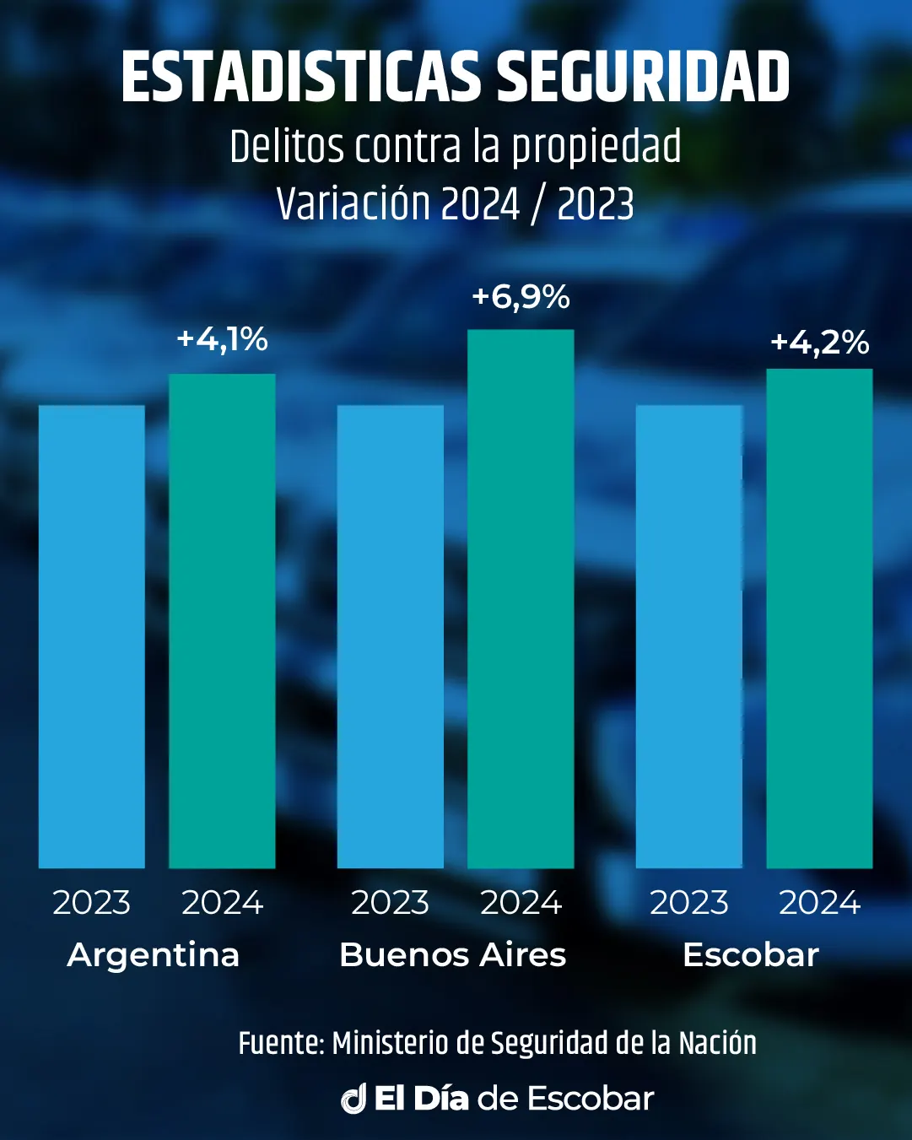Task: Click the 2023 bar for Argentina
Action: tap(91, 636)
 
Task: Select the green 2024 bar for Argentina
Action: tap(222, 620)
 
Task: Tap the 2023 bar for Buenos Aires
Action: tap(390, 636)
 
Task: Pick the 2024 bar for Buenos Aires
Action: tap(521, 598)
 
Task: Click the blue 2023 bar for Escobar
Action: tap(688, 636)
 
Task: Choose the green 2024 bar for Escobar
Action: tap(819, 618)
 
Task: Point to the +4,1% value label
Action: tap(222, 339)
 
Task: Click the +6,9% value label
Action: tap(521, 297)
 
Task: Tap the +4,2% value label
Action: tap(819, 343)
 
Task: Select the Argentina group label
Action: tap(154, 955)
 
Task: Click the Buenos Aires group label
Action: tap(452, 955)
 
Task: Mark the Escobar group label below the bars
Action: tap(751, 955)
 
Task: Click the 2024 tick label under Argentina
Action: tap(223, 903)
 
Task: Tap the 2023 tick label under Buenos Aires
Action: tap(390, 903)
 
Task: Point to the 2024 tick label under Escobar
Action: tap(819, 903)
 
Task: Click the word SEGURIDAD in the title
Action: tap(642, 78)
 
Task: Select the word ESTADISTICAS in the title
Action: tap(300, 78)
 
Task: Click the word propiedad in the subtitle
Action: tap(596, 148)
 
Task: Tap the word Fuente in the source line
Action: tap(280, 1044)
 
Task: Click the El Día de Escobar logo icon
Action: tap(353, 1099)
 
